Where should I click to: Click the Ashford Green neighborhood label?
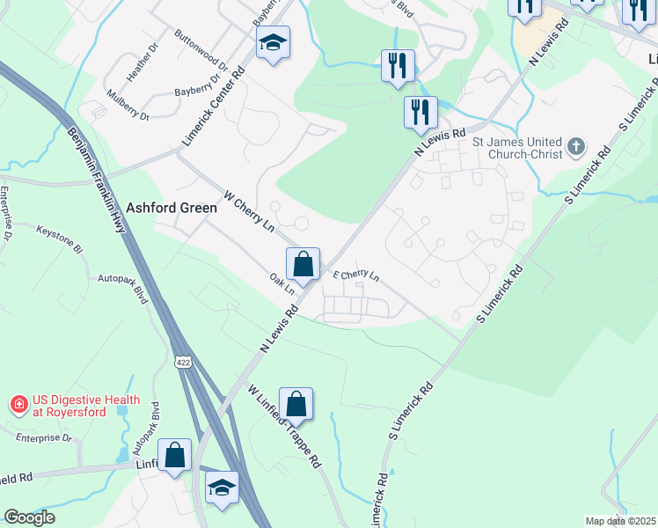[x=172, y=209]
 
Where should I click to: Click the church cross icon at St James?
[x=576, y=147]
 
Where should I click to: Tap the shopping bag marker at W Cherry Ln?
[x=302, y=264]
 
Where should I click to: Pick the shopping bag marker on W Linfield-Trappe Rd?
[x=296, y=405]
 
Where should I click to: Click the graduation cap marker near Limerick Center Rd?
[x=273, y=42]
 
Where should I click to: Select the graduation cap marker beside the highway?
[x=222, y=488]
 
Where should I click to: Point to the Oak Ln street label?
[x=281, y=284]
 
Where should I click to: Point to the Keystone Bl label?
[x=60, y=238]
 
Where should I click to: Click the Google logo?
[x=29, y=517]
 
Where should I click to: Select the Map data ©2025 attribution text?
[x=619, y=521]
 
